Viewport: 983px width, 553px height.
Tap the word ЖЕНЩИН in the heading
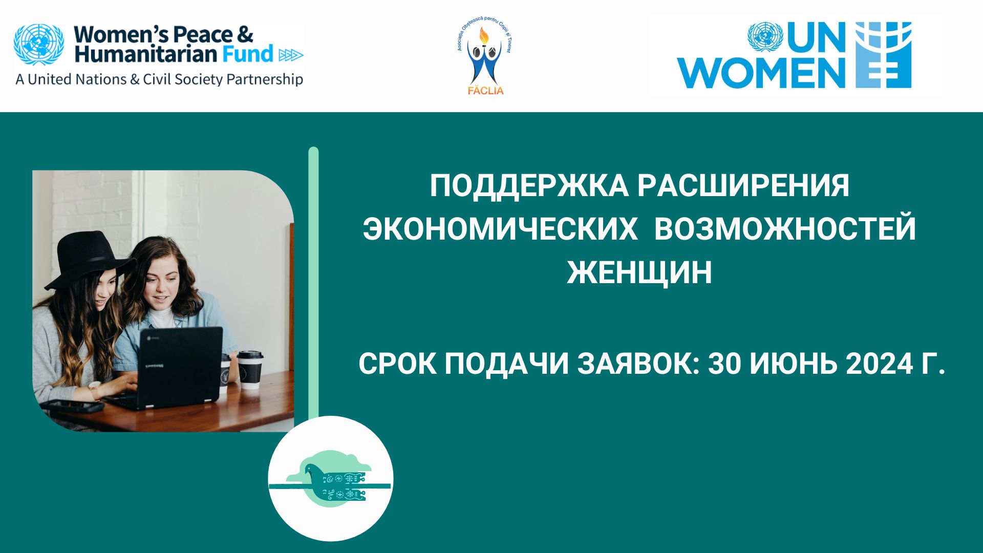[639, 272]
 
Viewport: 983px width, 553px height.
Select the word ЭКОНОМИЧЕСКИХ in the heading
[500, 229]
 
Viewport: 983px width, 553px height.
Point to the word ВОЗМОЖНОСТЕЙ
[785, 229]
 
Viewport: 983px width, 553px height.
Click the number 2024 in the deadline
[880, 364]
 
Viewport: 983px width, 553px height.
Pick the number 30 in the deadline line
[724, 364]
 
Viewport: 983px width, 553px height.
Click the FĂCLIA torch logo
[485, 59]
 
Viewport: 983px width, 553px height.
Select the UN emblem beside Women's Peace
[39, 45]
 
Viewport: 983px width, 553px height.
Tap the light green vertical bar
[314, 282]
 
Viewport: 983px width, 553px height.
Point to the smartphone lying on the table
[72, 407]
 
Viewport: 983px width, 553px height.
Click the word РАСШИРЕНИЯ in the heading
[743, 185]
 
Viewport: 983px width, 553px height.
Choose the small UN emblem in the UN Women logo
[765, 37]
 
